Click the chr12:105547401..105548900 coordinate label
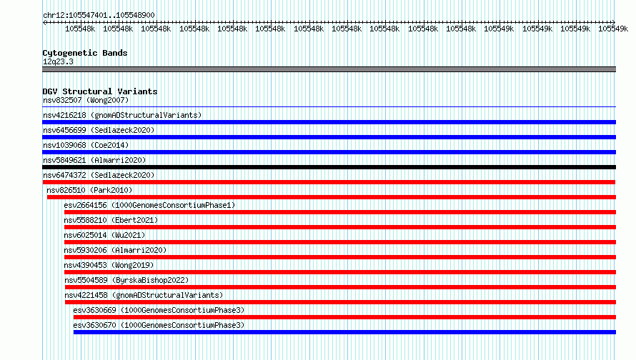[x=99, y=15]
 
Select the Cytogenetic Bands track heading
[x=85, y=53]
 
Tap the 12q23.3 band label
[x=58, y=61]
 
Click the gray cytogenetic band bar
[x=329, y=69]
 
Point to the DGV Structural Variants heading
[x=100, y=91]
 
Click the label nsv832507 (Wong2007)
[x=86, y=100]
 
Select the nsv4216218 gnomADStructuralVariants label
[x=122, y=115]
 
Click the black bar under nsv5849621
[x=329, y=167]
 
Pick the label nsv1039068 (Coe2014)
[x=86, y=145]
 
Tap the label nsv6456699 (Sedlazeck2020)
[x=99, y=130]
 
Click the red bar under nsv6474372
[x=329, y=182]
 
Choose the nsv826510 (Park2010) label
[x=89, y=190]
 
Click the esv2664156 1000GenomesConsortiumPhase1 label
[x=149, y=205]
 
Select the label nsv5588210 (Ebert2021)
[x=111, y=220]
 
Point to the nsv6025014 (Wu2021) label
[x=104, y=235]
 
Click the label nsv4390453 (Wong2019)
[x=109, y=265]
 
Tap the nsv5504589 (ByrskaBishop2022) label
[x=126, y=280]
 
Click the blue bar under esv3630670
[x=344, y=332]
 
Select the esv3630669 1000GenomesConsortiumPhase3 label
[x=159, y=310]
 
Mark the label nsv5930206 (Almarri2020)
[x=115, y=250]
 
